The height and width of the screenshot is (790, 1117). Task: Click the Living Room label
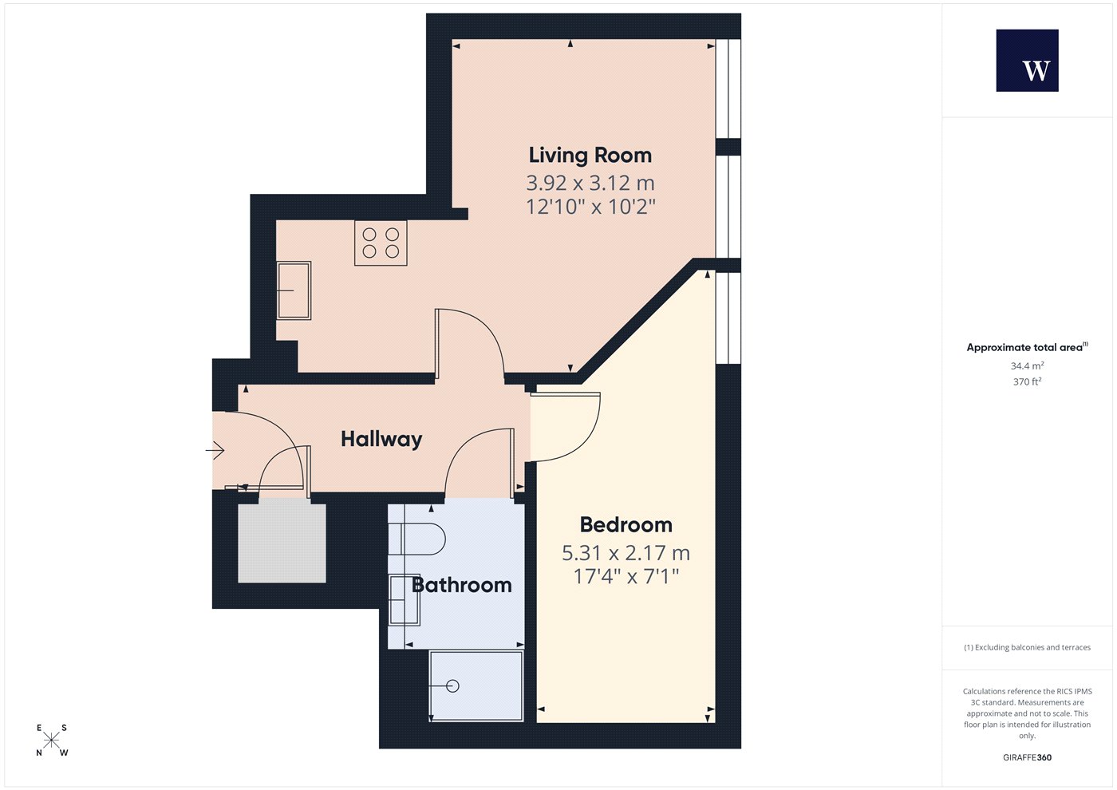click(x=590, y=155)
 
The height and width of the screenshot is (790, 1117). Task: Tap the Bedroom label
click(x=626, y=525)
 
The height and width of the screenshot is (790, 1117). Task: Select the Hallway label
click(x=381, y=440)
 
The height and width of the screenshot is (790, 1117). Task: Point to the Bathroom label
click(x=462, y=585)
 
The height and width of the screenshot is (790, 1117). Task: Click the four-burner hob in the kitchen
click(x=381, y=243)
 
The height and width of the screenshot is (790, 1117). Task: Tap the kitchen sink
click(x=294, y=290)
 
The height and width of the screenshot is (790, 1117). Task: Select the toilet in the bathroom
click(x=416, y=539)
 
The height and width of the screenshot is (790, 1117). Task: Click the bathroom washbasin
click(x=405, y=600)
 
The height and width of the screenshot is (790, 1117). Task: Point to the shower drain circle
click(x=453, y=686)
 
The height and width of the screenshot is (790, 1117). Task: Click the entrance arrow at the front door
click(x=215, y=450)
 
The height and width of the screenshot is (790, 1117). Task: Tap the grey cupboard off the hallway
click(x=282, y=543)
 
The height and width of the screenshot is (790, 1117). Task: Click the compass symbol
click(x=51, y=741)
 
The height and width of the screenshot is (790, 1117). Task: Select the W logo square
click(x=1028, y=61)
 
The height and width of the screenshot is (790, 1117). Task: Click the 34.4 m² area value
click(x=1028, y=365)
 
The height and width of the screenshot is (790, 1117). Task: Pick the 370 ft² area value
click(x=1028, y=381)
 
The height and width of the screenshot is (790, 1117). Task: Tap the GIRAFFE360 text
click(x=1028, y=757)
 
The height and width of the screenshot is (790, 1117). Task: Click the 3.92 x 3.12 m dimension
click(x=590, y=183)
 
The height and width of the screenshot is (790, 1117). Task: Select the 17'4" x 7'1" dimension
click(x=626, y=576)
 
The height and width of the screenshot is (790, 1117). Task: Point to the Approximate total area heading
click(x=1028, y=347)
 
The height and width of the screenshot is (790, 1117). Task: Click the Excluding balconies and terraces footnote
click(x=1028, y=647)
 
